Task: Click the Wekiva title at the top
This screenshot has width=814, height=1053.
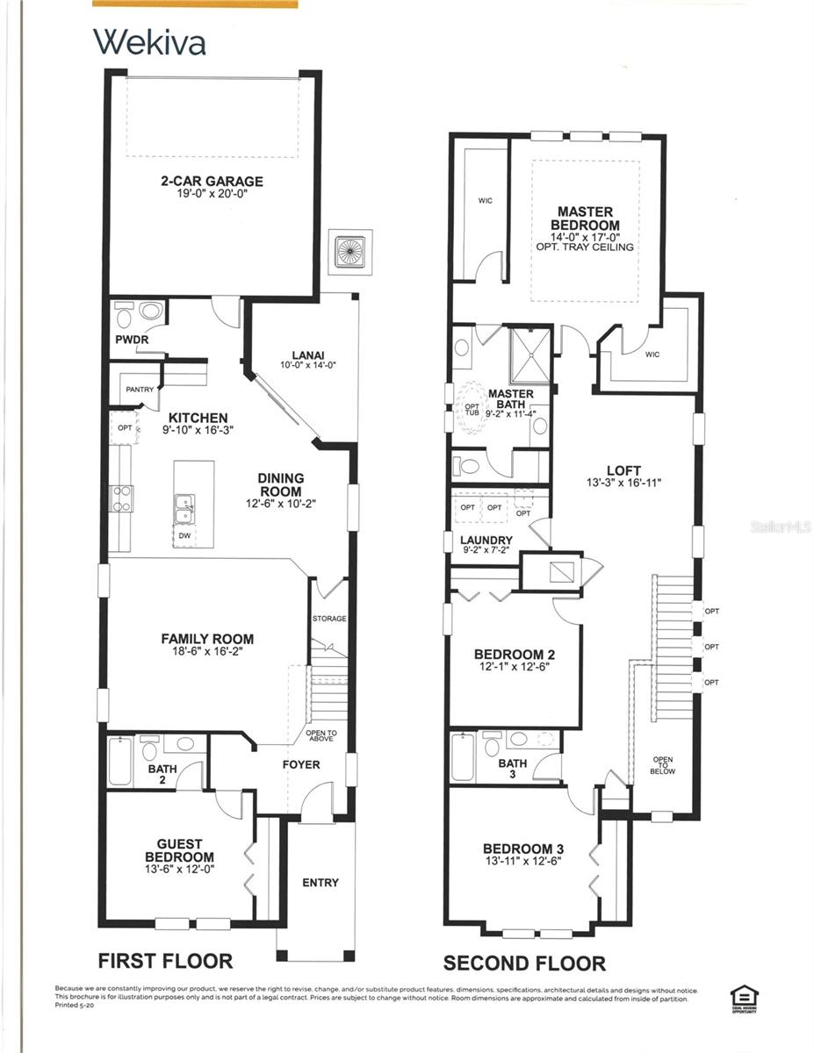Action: pos(149,41)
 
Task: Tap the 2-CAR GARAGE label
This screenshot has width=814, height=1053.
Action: pos(212,182)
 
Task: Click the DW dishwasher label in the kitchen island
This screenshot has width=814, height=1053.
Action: pos(184,534)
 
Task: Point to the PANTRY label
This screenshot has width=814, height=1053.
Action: pos(140,390)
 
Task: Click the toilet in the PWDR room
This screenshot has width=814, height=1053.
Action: pos(124,315)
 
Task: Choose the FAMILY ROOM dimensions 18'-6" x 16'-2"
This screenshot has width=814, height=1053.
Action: pos(207,652)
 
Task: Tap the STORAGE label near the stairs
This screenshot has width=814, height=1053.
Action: pos(329,619)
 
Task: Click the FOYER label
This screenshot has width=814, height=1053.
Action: pos(300,764)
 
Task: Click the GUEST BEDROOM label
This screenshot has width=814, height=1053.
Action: pos(179,849)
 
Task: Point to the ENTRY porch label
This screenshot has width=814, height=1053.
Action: pos(320,882)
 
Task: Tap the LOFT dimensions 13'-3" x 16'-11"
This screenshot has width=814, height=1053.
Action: pos(623,483)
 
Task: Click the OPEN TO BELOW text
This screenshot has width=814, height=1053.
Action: pos(663,765)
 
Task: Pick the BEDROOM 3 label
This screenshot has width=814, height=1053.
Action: pos(522,849)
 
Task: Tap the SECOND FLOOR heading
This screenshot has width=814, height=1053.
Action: pos(524,963)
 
